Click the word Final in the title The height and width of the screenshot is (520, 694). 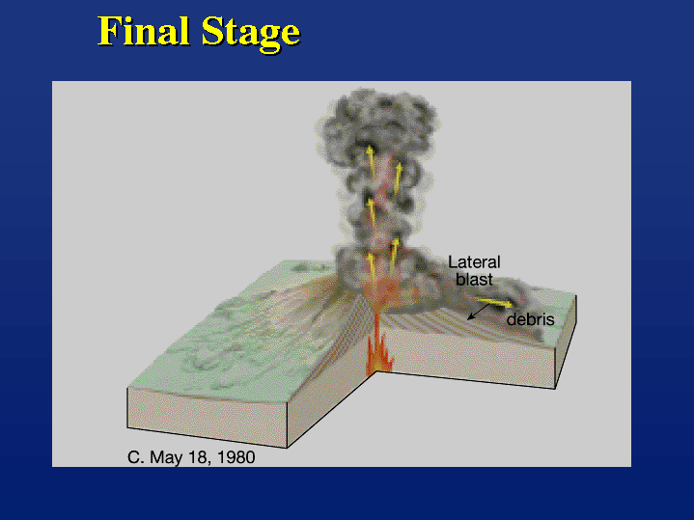click(144, 31)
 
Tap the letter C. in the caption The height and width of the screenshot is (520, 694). click(135, 457)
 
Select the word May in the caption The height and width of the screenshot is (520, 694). click(165, 458)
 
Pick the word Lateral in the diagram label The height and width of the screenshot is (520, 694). click(474, 262)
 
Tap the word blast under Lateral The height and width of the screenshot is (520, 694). click(474, 279)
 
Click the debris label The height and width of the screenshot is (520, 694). click(530, 319)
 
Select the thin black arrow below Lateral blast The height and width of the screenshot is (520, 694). click(478, 312)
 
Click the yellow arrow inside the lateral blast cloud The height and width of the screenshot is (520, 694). click(491, 301)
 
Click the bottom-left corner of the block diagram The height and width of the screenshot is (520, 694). click(127, 427)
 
